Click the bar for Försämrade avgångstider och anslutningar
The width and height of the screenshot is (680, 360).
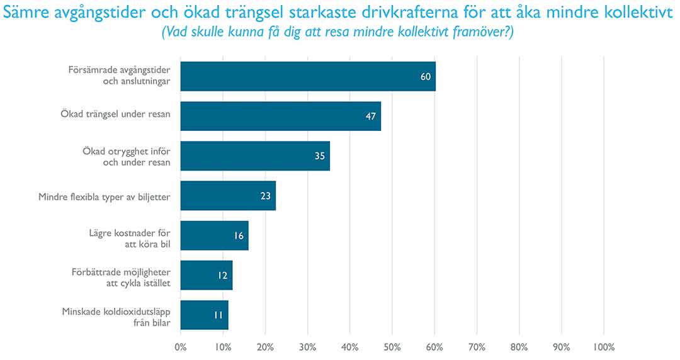(x=308, y=76)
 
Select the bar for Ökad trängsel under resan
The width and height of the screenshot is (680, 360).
(x=281, y=116)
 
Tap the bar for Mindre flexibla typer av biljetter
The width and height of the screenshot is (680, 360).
(x=228, y=196)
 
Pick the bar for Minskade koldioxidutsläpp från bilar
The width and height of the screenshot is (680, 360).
(x=204, y=315)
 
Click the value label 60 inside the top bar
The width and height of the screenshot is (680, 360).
(x=426, y=77)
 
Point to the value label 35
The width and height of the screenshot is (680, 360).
(x=320, y=156)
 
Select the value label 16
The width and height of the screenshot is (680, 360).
(x=239, y=235)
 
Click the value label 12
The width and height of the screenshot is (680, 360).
(x=222, y=275)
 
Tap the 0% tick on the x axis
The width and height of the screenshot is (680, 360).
(x=181, y=347)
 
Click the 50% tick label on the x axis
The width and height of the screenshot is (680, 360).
(x=392, y=347)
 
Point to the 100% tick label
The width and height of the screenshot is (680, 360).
(x=604, y=347)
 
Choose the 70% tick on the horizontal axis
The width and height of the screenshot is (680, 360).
(x=477, y=347)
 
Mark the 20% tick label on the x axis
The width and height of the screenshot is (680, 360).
(x=265, y=347)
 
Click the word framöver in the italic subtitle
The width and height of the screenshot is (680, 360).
(x=484, y=33)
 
